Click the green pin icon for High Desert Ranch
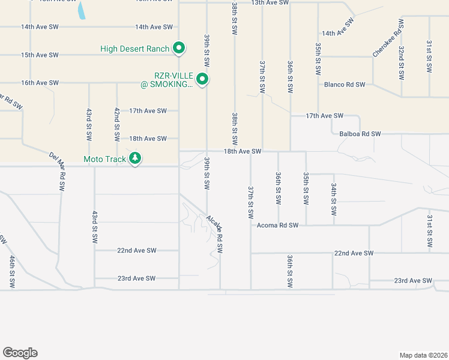pyautogui.click(x=178, y=48)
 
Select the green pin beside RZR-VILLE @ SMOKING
pyautogui.click(x=203, y=79)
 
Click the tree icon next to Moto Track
pyautogui.click(x=136, y=158)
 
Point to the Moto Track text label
pyautogui.click(x=105, y=159)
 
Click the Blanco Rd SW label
pyautogui.click(x=345, y=85)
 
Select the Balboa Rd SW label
pyautogui.click(x=360, y=134)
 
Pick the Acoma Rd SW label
pyautogui.click(x=277, y=226)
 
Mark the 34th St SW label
pyautogui.click(x=334, y=200)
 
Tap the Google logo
pyautogui.click(x=20, y=353)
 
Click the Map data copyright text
pyautogui.click(x=423, y=355)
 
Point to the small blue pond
pyautogui.click(x=81, y=10)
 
